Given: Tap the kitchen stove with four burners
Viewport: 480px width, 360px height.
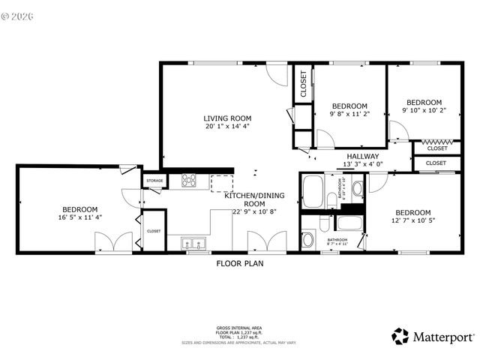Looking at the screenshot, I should point(189,181).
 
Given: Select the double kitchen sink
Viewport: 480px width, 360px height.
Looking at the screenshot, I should point(193,242).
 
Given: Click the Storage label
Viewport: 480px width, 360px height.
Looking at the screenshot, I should point(154,181).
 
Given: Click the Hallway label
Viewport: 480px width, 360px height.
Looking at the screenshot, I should point(362,156).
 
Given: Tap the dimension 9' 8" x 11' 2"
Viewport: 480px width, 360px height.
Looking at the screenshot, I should point(349,115).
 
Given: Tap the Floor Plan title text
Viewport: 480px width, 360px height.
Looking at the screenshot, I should point(240,264).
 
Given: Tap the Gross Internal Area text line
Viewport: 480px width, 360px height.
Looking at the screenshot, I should point(239,328).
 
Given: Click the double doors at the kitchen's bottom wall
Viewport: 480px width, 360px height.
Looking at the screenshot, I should point(266,242).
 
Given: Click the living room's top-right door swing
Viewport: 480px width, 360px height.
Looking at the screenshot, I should point(278,73).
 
